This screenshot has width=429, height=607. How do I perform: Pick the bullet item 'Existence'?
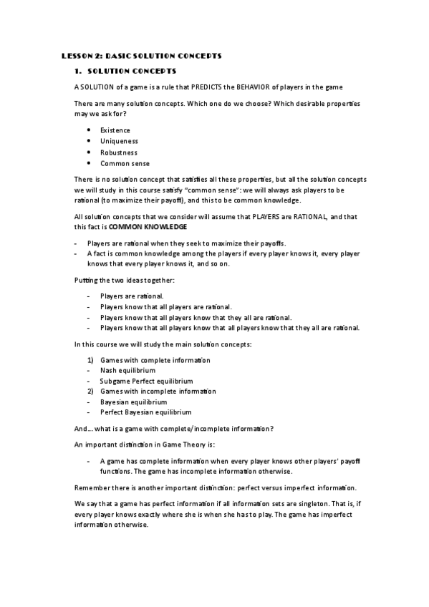[x=115, y=130]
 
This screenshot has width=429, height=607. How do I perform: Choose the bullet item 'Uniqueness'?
[x=118, y=141]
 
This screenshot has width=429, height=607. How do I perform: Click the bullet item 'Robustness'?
[x=119, y=152]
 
